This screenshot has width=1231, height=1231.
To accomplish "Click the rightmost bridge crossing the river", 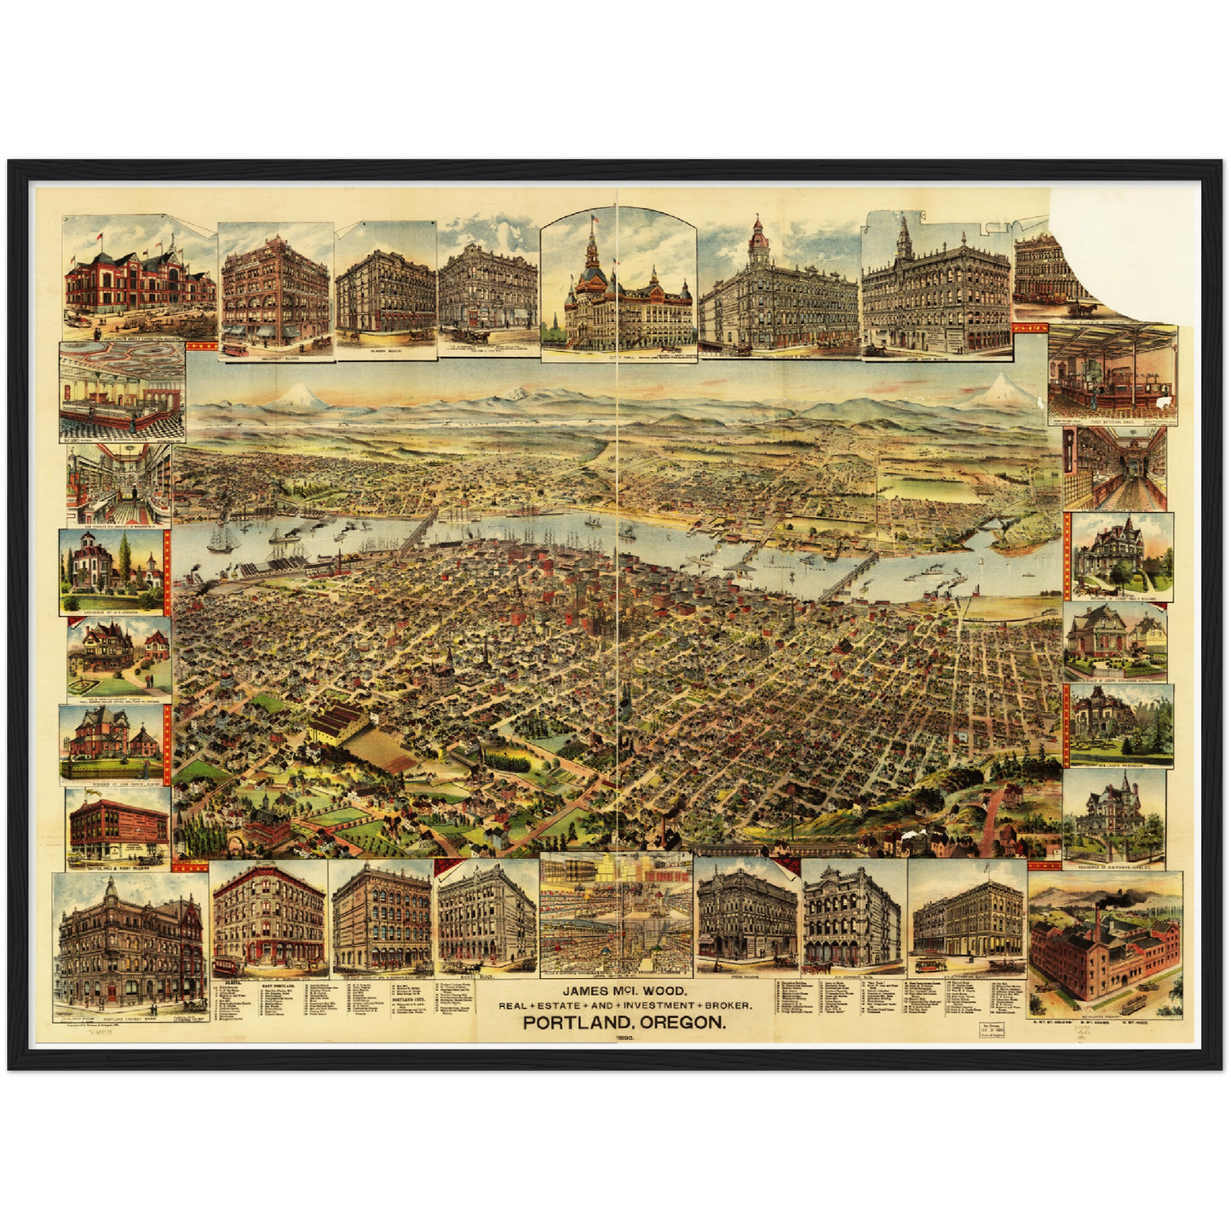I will (x=852, y=581).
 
